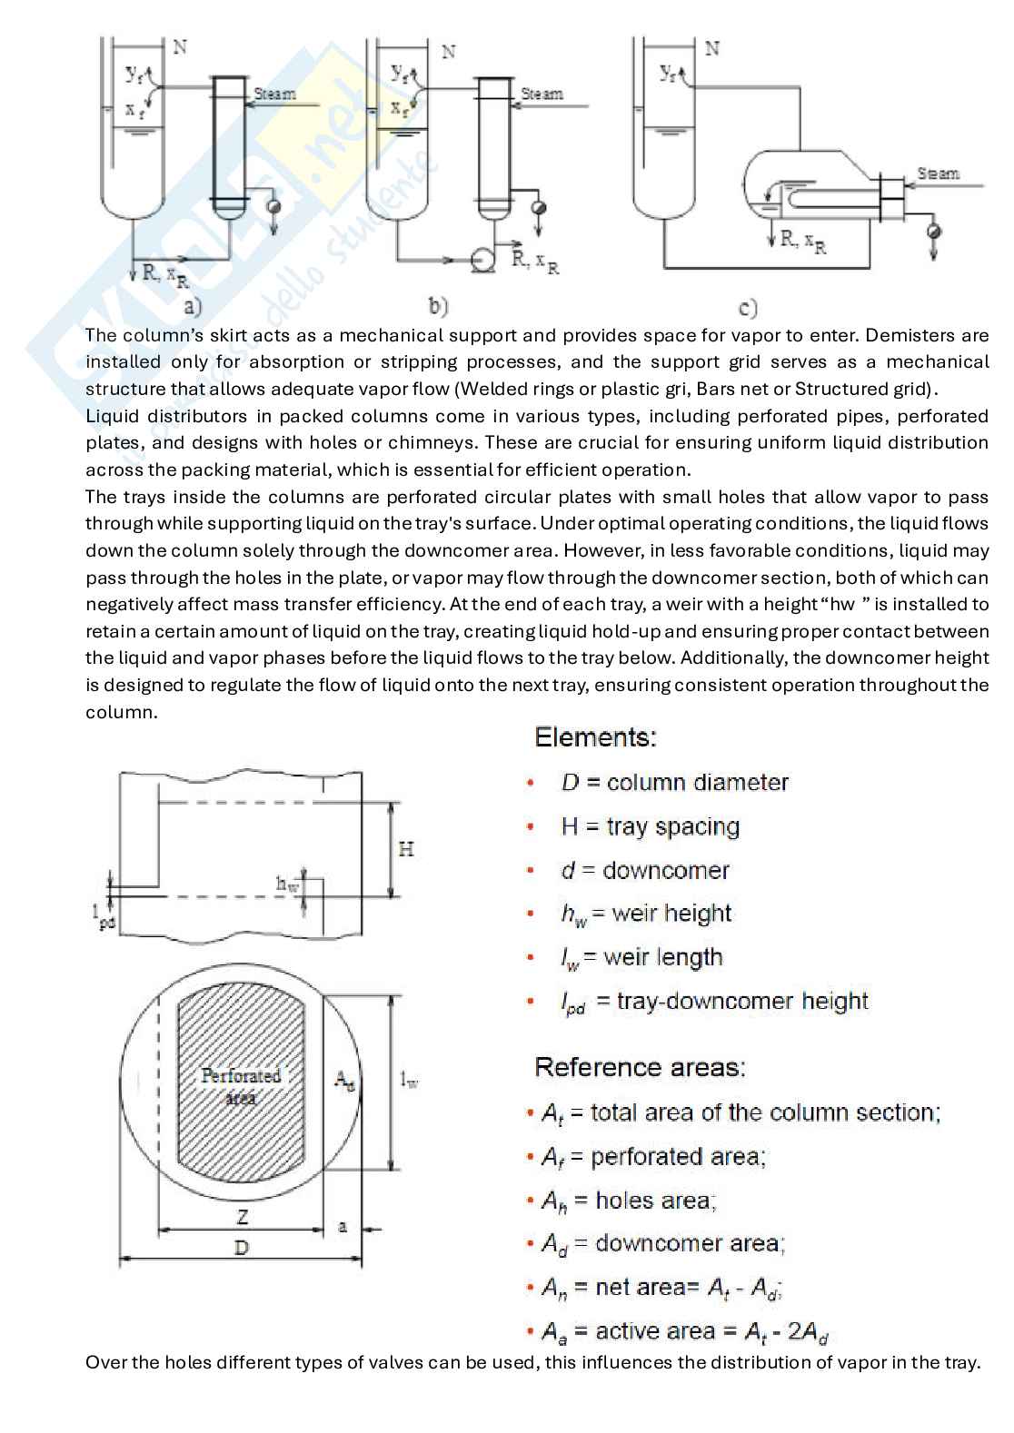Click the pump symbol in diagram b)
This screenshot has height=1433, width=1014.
coord(482,262)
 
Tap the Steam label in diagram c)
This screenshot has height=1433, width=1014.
coord(938,173)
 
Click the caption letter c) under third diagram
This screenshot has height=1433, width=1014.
coord(749,309)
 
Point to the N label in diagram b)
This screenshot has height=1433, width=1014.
coord(449,51)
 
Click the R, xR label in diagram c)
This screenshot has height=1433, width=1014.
coord(800,242)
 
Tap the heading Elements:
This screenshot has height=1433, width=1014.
coord(595,736)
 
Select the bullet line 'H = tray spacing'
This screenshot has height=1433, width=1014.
coord(650,826)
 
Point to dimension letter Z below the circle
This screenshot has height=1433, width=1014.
coord(243,1217)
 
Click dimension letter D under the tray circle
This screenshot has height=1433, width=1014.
coord(242,1248)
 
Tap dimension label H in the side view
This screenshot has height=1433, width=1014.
coord(406,850)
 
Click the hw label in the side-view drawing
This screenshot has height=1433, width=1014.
coord(287,884)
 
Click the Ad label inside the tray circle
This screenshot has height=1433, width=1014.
coord(344,1080)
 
